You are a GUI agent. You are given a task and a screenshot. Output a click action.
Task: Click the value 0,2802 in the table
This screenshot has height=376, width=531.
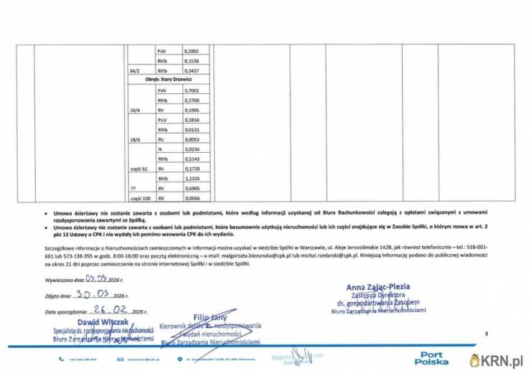[191, 52]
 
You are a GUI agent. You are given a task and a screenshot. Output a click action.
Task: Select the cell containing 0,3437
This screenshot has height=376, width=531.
[191, 71]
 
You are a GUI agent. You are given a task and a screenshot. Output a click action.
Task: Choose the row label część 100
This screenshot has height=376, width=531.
[139, 197]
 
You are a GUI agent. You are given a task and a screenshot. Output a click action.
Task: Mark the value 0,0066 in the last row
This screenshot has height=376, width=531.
[191, 197]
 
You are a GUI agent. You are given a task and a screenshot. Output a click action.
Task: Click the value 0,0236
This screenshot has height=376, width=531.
[191, 149]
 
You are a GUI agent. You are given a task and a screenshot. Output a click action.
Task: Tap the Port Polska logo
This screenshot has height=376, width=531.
[433, 358]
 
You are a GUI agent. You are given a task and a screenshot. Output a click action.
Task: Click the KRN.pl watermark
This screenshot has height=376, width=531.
[498, 358]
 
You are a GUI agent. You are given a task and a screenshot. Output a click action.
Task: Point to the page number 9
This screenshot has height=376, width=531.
[486, 334]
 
